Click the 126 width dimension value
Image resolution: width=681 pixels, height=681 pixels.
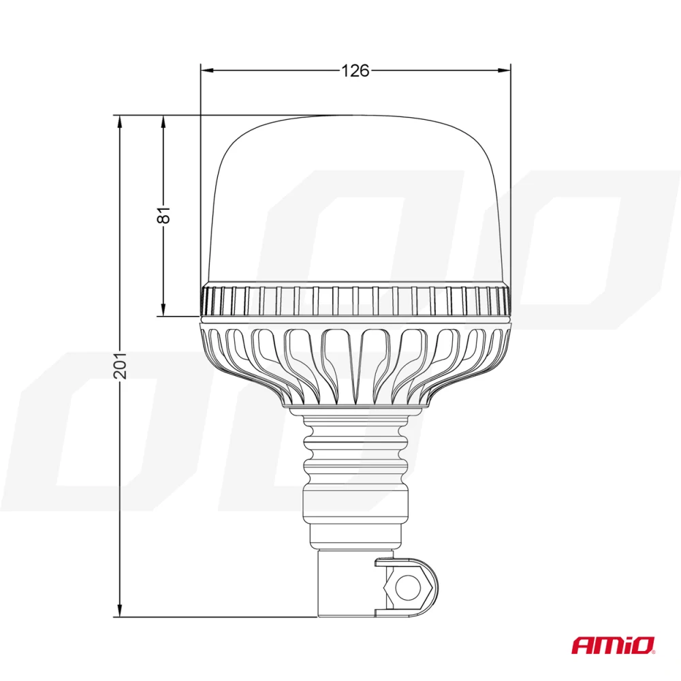tap(355, 70)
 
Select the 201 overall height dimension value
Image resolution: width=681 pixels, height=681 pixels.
tap(120, 366)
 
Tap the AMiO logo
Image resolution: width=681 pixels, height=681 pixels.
tap(612, 644)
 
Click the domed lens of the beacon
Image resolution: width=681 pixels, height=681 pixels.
tap(355, 197)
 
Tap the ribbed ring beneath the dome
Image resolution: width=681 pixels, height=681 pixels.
tap(355, 301)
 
